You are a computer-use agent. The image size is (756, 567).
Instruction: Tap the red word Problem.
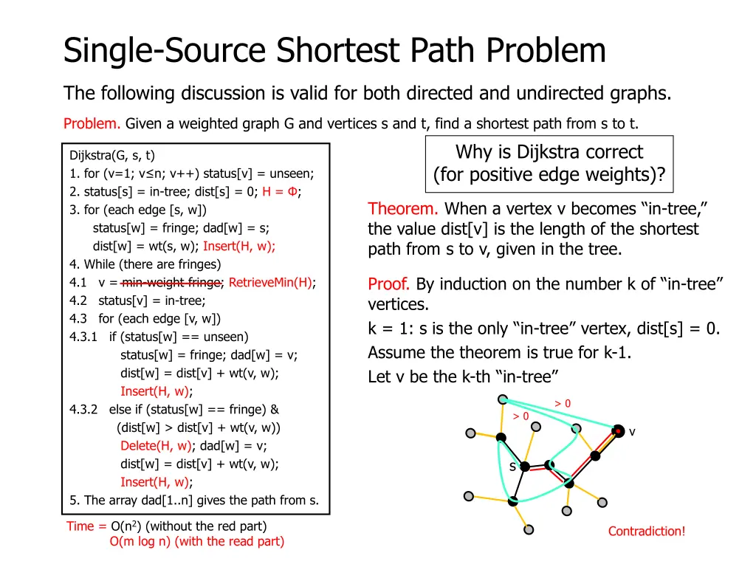[x=92, y=123]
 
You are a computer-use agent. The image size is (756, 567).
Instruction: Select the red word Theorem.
[x=404, y=209]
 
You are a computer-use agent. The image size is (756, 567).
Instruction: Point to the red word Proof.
[x=389, y=284]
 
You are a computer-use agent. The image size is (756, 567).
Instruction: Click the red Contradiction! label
[x=647, y=531]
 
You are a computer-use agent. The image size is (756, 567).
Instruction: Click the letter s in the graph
[x=512, y=467]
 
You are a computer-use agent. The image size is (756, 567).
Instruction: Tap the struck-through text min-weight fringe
[x=172, y=282]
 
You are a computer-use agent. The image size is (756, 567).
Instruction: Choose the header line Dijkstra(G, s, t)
[x=112, y=155]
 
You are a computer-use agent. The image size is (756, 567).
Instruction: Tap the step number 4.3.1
[x=83, y=337]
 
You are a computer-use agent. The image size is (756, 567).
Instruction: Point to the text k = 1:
[x=392, y=329]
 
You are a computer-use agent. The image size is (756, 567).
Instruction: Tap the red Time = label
[x=86, y=526]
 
